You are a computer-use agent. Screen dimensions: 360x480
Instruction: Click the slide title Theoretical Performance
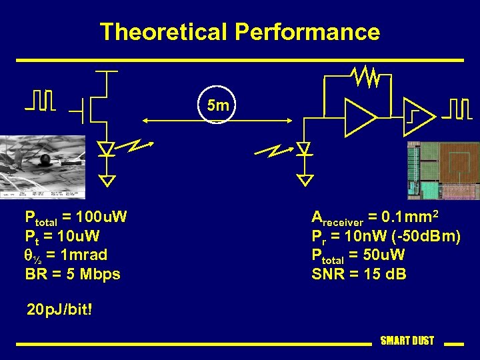click(240, 32)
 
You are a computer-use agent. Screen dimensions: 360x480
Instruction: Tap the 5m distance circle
click(218, 105)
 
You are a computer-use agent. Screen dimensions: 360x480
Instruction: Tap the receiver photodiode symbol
click(305, 149)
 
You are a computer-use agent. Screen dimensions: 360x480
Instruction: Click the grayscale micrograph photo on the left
click(41, 167)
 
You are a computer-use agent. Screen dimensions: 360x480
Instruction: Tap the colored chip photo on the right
click(443, 171)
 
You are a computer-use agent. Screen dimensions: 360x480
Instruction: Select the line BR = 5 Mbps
click(73, 274)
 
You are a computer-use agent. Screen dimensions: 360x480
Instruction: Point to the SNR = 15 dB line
click(359, 274)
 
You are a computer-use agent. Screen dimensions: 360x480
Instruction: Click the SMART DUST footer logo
click(407, 341)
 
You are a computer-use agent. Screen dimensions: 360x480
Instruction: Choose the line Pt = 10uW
click(62, 236)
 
